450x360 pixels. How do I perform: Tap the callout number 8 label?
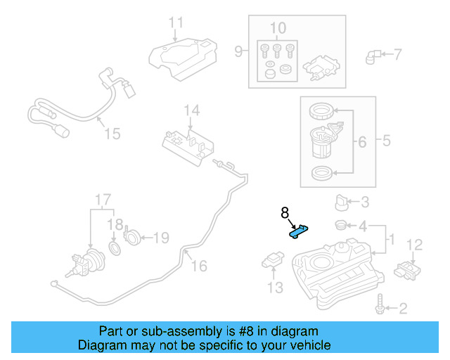(x=285, y=212)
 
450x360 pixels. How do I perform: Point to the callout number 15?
(x=112, y=133)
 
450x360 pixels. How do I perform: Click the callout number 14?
(x=192, y=110)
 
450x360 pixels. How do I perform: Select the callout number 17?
(x=103, y=199)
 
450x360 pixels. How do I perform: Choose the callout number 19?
(x=161, y=238)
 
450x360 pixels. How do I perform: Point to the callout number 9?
(x=238, y=51)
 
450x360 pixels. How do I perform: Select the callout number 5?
(x=387, y=141)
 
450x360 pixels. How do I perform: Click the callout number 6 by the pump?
(x=361, y=142)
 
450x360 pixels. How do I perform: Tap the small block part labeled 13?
(x=272, y=262)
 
